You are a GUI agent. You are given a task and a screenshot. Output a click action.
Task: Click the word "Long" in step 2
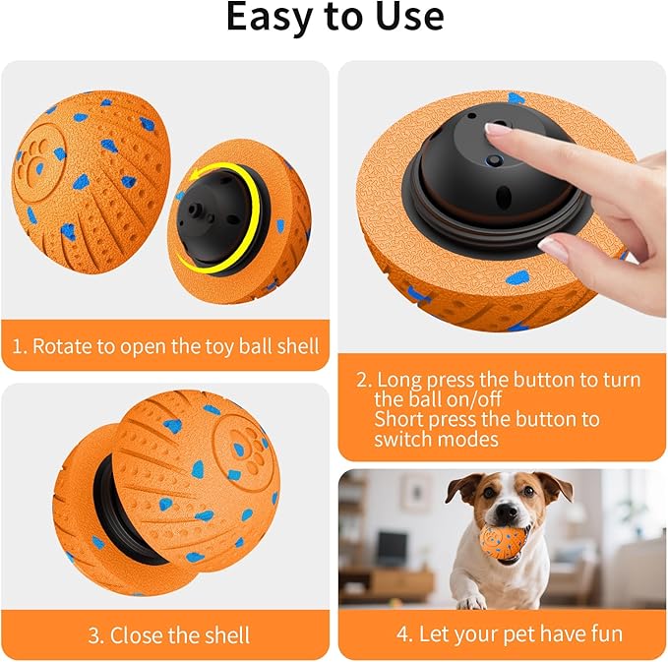pyautogui.click(x=399, y=380)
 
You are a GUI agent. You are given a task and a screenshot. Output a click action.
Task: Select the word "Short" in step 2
pyautogui.click(x=399, y=419)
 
